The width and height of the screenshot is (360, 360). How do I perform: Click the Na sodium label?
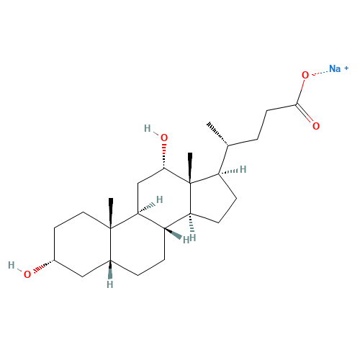(335, 69)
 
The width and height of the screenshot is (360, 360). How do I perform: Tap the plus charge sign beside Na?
(346, 68)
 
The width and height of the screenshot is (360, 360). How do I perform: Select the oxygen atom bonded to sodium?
(305, 75)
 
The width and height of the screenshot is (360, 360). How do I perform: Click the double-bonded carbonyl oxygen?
(316, 126)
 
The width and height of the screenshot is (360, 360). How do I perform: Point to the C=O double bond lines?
(305, 113)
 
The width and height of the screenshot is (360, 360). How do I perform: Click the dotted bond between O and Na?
(320, 73)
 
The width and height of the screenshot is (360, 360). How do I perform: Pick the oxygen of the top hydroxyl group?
(164, 138)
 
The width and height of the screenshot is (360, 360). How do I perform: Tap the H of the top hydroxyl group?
(148, 129)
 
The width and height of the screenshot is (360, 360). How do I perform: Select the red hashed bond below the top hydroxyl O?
(164, 156)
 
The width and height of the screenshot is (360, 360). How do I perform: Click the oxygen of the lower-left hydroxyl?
(27, 274)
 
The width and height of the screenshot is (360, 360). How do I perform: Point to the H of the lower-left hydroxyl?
(12, 266)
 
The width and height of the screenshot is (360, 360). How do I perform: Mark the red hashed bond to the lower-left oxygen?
(44, 266)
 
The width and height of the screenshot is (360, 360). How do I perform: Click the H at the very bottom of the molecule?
(110, 284)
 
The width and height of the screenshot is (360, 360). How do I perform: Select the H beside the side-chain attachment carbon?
(243, 169)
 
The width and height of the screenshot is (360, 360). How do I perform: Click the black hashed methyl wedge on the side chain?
(217, 133)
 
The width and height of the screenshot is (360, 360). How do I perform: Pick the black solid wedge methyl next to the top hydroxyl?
(190, 168)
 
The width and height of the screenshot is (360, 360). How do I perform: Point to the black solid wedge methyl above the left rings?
(111, 213)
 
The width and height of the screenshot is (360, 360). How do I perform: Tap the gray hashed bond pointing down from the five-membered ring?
(192, 222)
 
